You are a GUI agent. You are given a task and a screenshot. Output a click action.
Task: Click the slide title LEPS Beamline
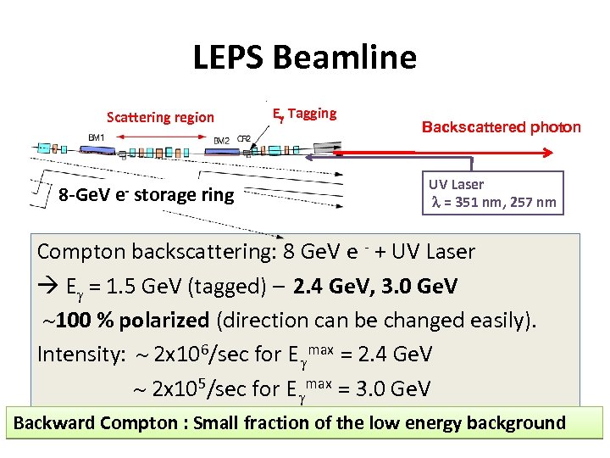point(305,58)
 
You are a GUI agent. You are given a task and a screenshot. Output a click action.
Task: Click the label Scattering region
point(160,117)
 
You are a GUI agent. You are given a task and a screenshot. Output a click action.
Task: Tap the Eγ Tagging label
point(304,114)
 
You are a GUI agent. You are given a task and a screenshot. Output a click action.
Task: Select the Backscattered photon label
point(501,127)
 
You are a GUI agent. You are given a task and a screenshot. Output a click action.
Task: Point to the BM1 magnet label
point(97,137)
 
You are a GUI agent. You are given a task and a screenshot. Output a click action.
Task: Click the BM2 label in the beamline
point(221,140)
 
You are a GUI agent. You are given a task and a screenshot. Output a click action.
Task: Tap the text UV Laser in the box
point(456,184)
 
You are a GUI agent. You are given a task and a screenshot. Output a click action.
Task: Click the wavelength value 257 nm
point(535,202)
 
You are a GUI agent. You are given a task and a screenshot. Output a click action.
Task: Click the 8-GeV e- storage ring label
point(146,195)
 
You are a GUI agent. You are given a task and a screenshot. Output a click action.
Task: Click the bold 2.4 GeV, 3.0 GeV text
point(375,287)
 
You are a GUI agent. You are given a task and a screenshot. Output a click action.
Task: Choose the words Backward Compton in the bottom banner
point(75,422)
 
